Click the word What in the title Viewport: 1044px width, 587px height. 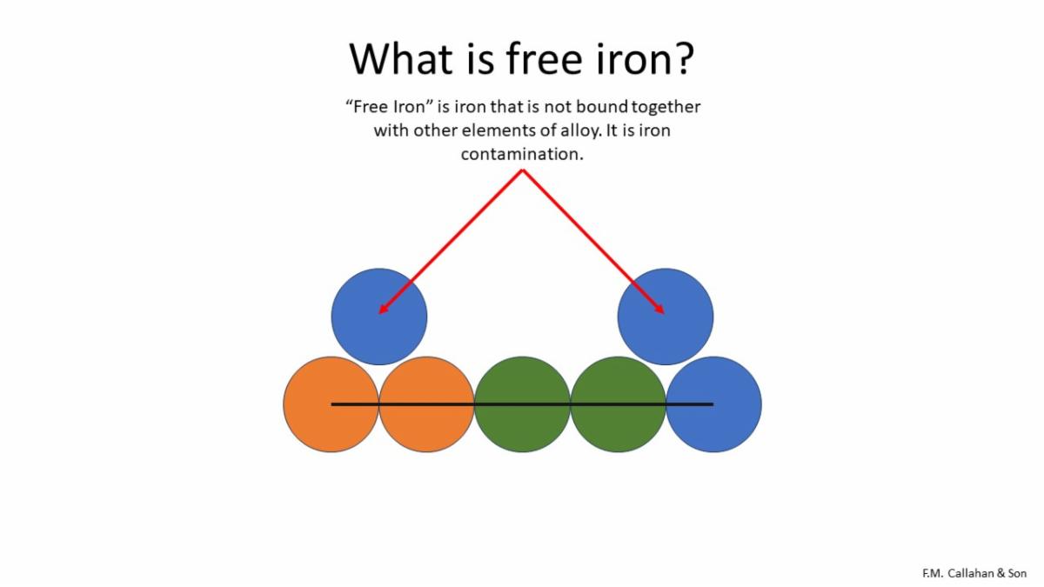pyautogui.click(x=401, y=59)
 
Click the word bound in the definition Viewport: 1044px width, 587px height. pyautogui.click(x=602, y=107)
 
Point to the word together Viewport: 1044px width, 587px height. pyautogui.click(x=666, y=108)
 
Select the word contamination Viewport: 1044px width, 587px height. pyautogui.click(x=522, y=154)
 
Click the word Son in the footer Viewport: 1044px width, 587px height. pyautogui.click(x=1017, y=573)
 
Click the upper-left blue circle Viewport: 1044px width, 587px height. pyautogui.click(x=379, y=317)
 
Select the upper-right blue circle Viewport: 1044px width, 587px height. pyautogui.click(x=665, y=317)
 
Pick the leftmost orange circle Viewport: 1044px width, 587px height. pyautogui.click(x=331, y=404)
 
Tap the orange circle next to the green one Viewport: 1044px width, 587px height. pyautogui.click(x=426, y=404)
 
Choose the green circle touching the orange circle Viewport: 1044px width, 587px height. pyautogui.click(x=522, y=404)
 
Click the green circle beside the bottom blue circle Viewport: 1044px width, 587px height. pyautogui.click(x=618, y=404)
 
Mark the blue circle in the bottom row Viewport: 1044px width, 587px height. pyautogui.click(x=713, y=404)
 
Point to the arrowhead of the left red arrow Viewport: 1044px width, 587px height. pyautogui.click(x=383, y=310)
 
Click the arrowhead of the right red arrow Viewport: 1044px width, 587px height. pyautogui.click(x=660, y=310)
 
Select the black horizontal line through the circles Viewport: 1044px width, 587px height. pyautogui.click(x=522, y=404)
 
